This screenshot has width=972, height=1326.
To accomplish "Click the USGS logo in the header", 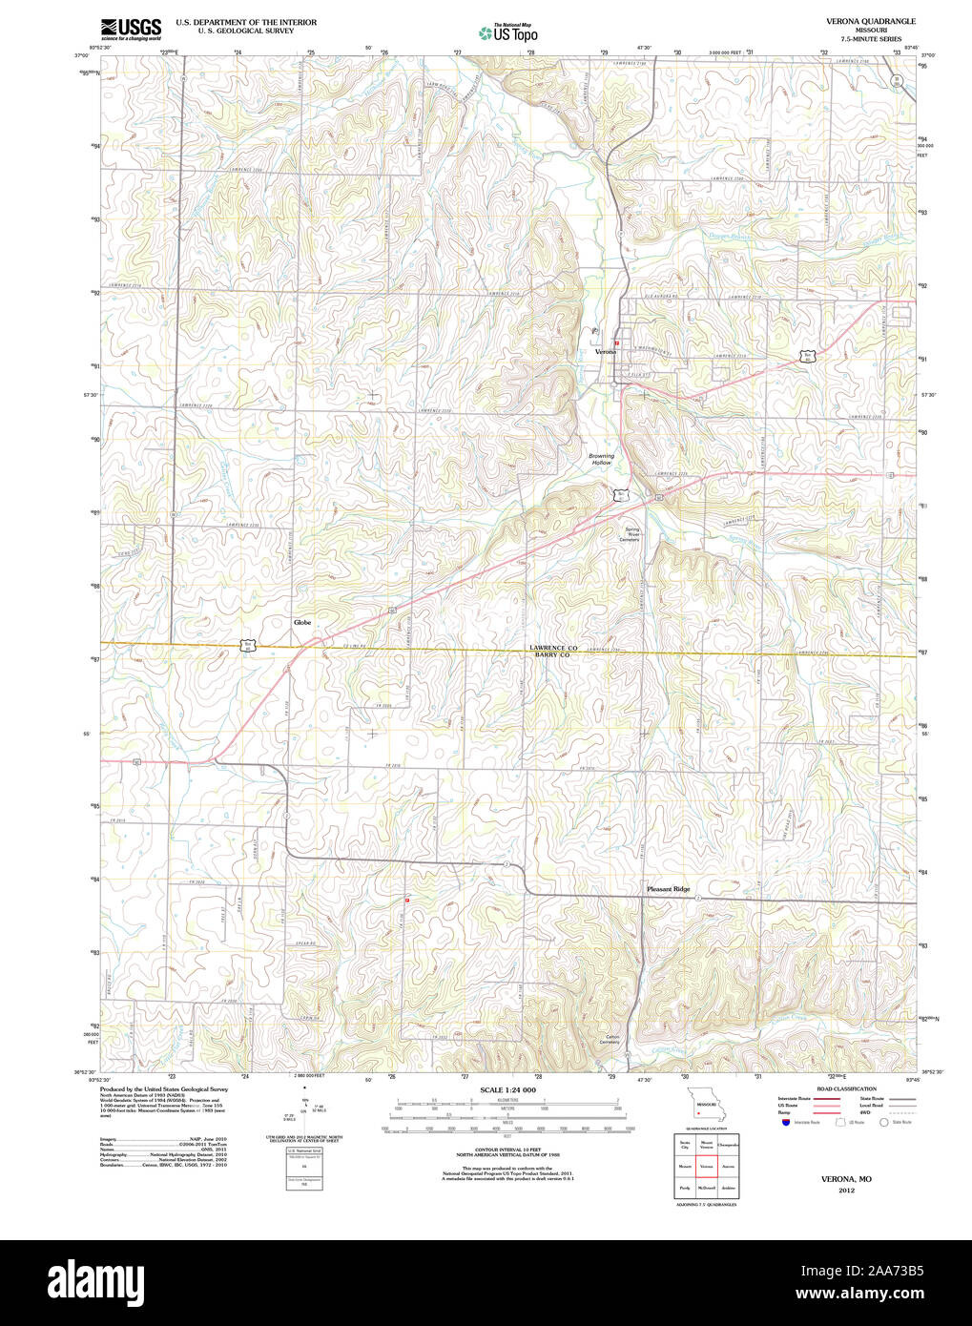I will tap(131, 28).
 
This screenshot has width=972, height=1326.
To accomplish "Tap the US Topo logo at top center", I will tap(507, 32).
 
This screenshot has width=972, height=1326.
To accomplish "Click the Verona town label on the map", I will tap(606, 352).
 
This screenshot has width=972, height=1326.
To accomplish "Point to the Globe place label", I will tap(302, 622).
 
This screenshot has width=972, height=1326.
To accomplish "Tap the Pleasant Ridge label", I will tap(668, 889).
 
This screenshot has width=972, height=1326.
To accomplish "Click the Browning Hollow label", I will tap(601, 459).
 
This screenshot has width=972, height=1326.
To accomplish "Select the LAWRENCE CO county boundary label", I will tap(553, 648).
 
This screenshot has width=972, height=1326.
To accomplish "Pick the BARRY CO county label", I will tap(552, 656).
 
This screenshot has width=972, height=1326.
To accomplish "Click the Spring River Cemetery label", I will tap(631, 534).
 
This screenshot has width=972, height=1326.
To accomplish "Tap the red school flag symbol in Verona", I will tap(617, 342).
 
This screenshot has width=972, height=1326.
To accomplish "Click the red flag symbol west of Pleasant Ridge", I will tap(407, 900).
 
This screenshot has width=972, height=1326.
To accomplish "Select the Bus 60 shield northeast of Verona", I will tap(808, 356).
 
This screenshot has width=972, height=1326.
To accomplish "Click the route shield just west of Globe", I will tap(248, 646).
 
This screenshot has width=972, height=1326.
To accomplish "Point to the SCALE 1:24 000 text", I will tap(507, 1089).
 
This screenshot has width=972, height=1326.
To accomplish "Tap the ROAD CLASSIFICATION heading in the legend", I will tap(846, 1088).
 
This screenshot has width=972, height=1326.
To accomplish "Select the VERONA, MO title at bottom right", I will tap(846, 1179).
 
